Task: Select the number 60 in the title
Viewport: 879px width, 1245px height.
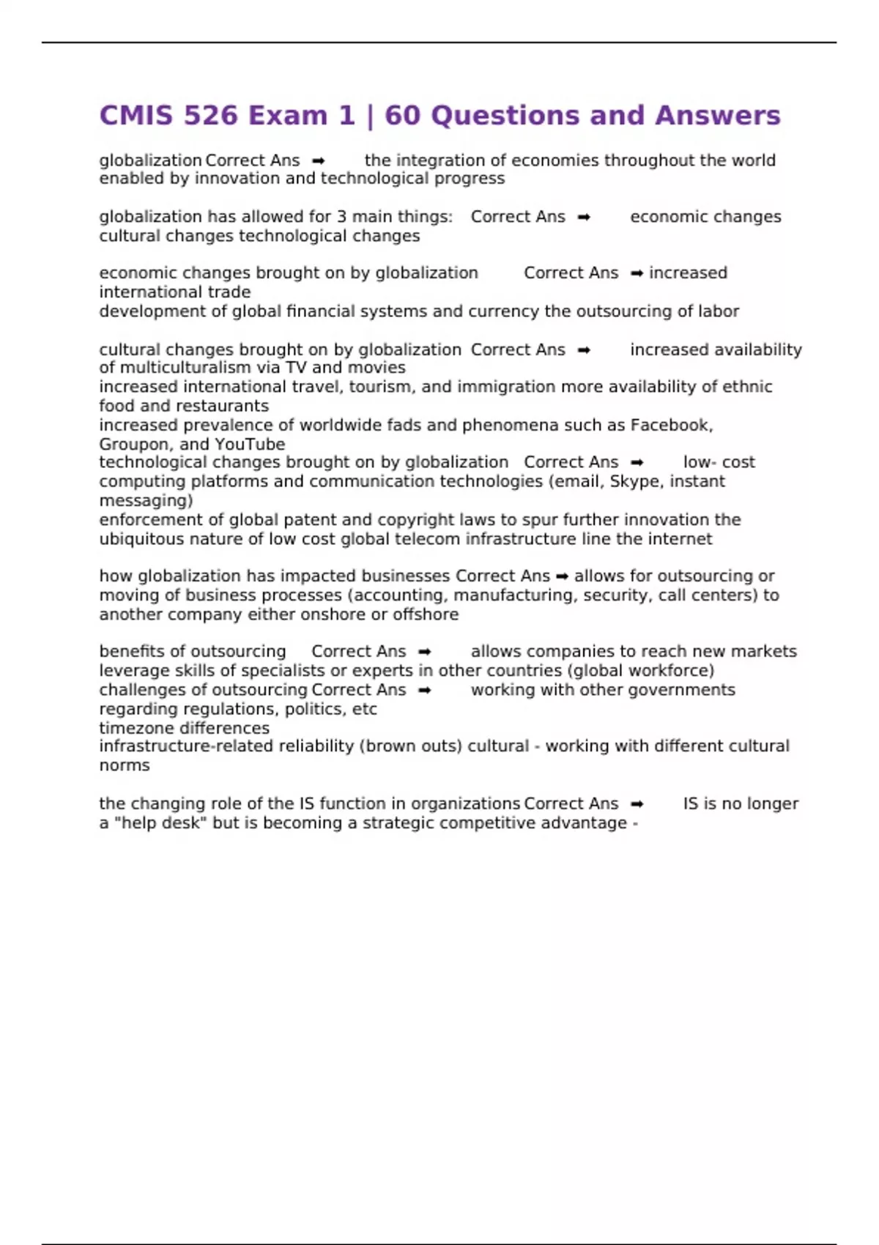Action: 401,116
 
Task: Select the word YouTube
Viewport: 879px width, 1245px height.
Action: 250,445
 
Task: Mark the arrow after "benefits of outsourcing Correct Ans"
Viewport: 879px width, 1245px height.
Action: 424,652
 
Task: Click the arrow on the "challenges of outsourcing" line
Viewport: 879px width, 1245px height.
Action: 424,690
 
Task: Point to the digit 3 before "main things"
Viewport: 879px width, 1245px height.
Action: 341,217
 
